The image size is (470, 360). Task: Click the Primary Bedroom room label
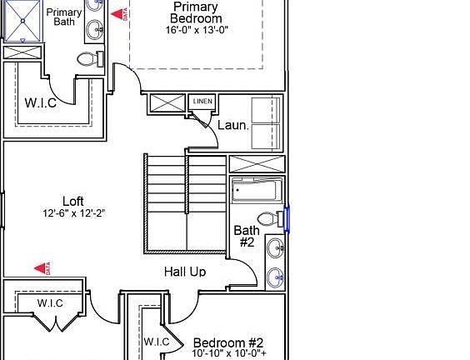196,12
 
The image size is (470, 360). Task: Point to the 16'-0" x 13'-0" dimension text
196,29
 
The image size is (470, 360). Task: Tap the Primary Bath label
63,17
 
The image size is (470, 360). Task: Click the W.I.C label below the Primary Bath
40,102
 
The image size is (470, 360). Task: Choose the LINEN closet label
202,102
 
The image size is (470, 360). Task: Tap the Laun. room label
233,126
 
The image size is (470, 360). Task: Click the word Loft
73,201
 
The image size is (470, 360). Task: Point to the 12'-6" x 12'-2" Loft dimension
73,213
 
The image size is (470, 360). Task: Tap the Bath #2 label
247,236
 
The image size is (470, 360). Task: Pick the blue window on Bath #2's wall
287,219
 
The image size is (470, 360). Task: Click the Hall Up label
184,272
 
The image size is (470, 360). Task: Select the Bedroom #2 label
228,342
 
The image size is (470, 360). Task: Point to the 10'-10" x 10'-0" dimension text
228,354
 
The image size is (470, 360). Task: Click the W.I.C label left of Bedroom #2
157,342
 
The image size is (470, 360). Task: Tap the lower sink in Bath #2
275,276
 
